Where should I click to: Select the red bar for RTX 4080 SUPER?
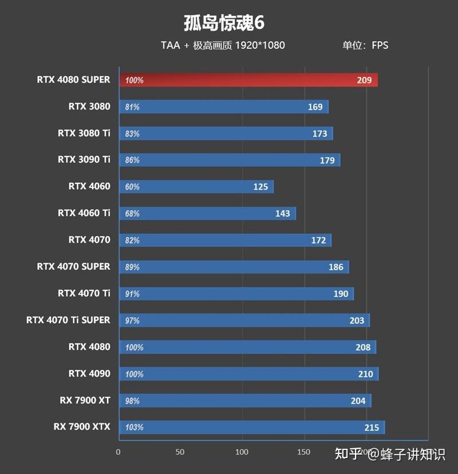pos(248,80)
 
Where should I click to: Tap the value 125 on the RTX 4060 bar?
pos(260,187)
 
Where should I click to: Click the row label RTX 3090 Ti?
pos(84,159)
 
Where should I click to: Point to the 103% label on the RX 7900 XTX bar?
pos(134,428)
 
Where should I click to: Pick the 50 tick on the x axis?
pos(180,452)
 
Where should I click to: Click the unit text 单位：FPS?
pos(365,45)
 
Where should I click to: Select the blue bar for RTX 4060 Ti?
pos(207,214)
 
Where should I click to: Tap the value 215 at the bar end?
pos(372,428)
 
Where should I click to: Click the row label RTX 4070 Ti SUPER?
pos(68,320)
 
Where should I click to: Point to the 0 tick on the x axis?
pos(119,452)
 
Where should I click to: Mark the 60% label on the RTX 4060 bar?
pos(132,187)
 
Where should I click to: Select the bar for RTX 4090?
pos(248,374)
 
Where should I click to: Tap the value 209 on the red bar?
pos(364,80)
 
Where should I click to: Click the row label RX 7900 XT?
pos(85,400)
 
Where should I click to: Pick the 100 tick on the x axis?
pos(242,452)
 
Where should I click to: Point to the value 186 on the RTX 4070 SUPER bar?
pos(336,267)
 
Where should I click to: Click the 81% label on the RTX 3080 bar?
pos(132,107)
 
